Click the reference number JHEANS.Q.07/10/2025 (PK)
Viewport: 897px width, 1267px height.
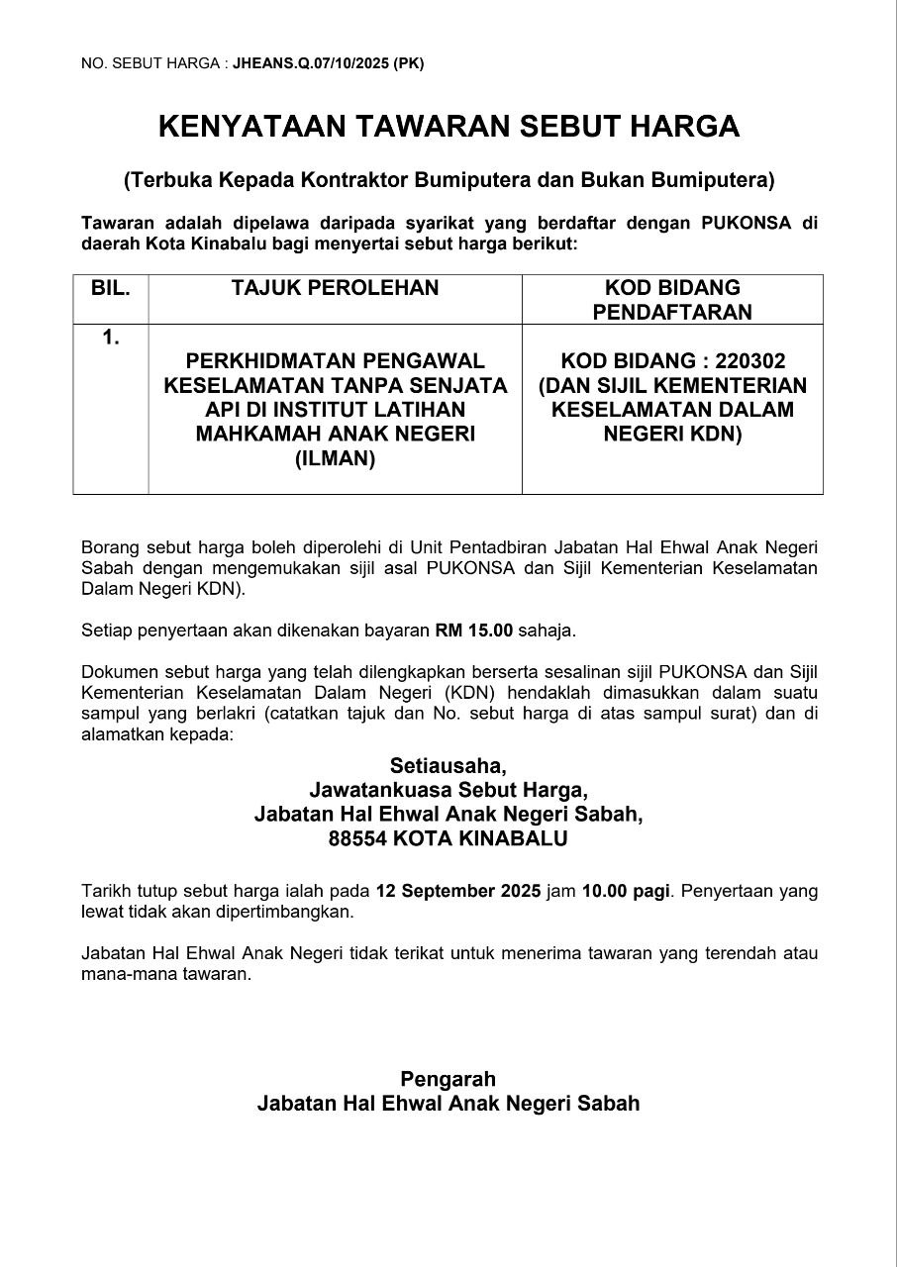click(328, 63)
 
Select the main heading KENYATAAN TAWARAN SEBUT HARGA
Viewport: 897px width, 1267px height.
click(448, 127)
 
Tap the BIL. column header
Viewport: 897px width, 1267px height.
click(111, 288)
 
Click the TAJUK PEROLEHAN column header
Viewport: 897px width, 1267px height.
click(335, 288)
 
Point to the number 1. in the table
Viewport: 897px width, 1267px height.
click(111, 338)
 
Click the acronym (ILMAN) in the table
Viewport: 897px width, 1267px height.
click(335, 458)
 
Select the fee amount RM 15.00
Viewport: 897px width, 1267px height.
click(474, 630)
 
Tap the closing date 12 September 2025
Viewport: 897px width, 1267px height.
click(458, 890)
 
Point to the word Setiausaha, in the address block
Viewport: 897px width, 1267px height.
click(448, 765)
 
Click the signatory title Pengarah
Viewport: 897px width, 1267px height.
click(448, 1078)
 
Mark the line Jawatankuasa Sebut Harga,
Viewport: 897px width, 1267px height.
click(448, 790)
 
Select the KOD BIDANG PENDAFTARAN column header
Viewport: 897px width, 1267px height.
click(672, 300)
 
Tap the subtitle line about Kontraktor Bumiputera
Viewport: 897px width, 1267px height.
click(448, 180)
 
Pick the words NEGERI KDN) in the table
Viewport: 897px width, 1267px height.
click(672, 434)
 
